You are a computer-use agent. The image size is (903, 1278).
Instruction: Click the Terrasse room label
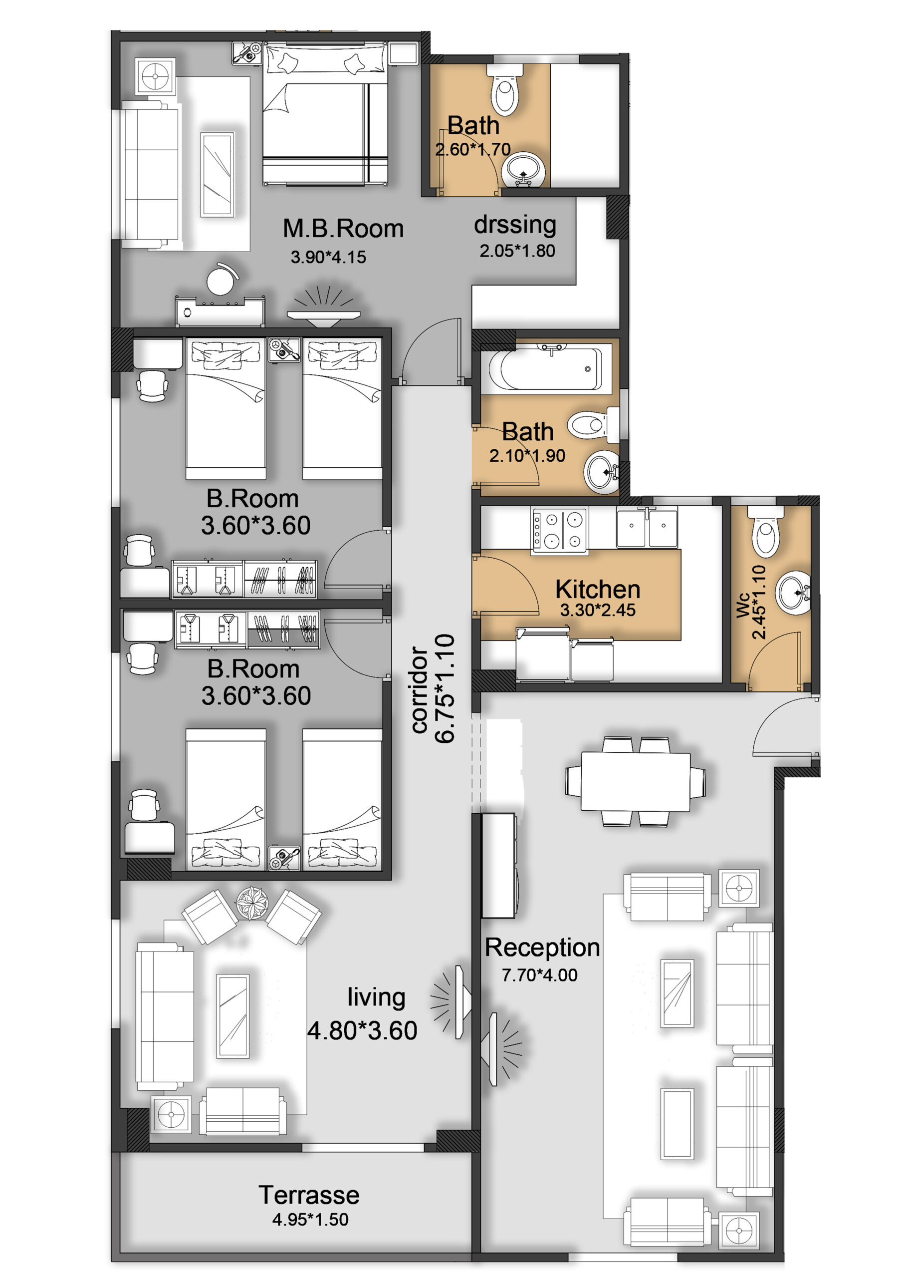309,1195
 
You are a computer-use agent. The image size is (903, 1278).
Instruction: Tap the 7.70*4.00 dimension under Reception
539,974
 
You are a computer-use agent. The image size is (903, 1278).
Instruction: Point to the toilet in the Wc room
766,531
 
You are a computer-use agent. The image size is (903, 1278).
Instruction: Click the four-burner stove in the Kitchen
559,531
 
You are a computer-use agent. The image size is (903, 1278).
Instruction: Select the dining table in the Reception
636,781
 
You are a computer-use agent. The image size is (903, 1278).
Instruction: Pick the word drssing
515,225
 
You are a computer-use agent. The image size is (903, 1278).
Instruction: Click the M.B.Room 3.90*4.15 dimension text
328,257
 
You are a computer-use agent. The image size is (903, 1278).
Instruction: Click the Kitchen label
598,589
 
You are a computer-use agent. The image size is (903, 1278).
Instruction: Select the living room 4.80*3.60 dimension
362,1030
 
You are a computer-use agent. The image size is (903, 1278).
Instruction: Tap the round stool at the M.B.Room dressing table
221,280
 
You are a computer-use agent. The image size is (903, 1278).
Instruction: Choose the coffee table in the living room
232,1016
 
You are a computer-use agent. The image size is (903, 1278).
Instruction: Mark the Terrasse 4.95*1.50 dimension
310,1220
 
